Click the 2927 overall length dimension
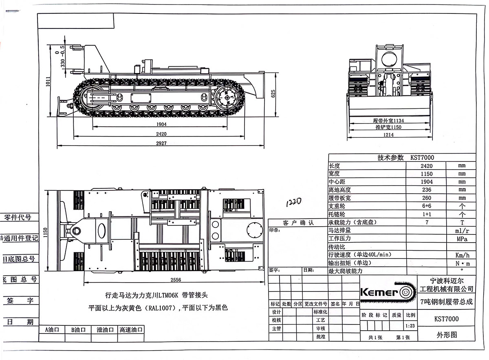[161, 143]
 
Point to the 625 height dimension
[273, 93]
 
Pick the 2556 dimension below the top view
[176, 280]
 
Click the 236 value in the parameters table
[426, 190]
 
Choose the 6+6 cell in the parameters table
[426, 206]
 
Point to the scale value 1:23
[410, 326]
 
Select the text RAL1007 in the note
[161, 308]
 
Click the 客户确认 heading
[298, 223]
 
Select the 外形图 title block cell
[447, 335]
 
